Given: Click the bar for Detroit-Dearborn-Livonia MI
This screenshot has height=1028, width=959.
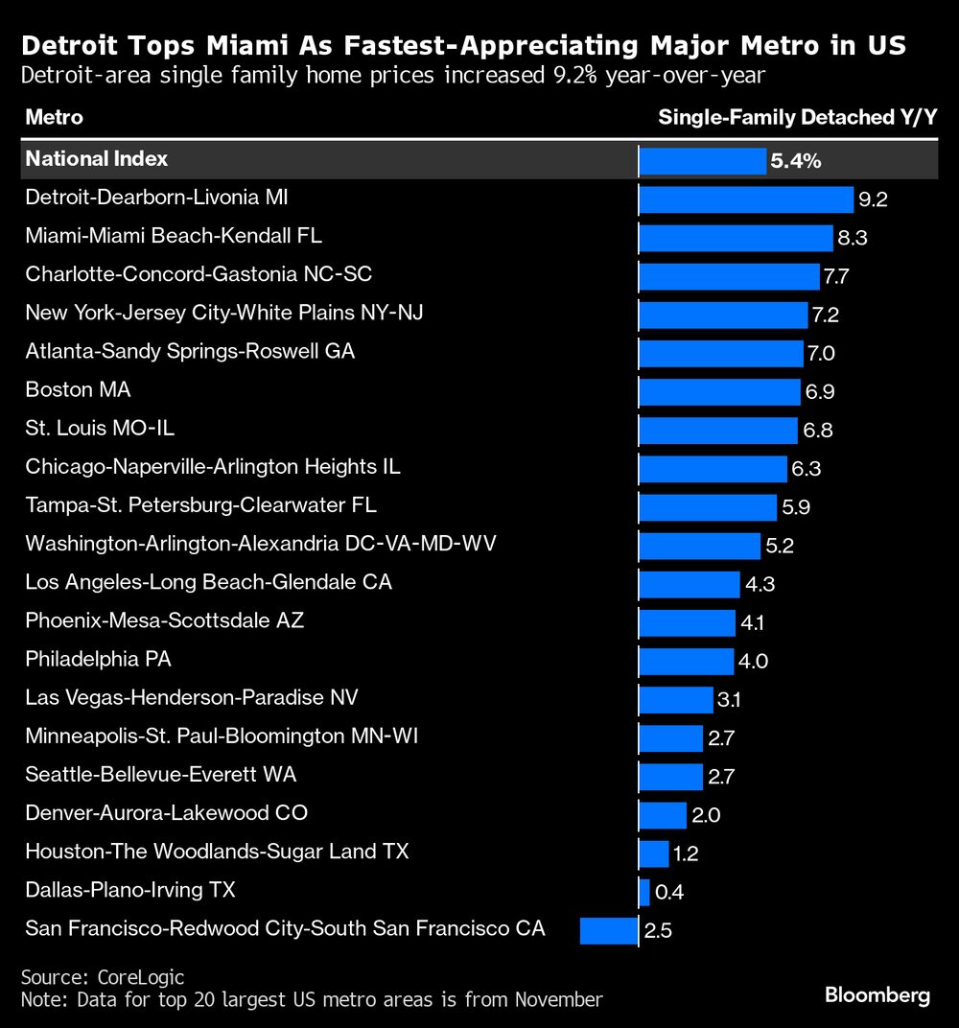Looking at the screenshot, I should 746,199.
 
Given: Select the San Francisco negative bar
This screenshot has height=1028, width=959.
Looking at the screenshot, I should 609,930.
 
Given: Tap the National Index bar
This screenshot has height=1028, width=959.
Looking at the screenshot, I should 702,161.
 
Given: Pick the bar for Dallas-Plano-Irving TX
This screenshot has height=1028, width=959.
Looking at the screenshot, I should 644,892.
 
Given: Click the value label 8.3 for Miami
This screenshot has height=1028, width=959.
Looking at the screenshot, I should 853,238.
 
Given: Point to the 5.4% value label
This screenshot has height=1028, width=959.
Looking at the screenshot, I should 795,161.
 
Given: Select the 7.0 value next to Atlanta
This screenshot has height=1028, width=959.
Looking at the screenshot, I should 821,353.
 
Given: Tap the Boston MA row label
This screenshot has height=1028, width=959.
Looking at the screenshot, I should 78,390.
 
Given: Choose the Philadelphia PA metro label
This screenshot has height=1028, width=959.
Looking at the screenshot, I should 98,660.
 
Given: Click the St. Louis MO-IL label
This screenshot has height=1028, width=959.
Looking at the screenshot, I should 100,429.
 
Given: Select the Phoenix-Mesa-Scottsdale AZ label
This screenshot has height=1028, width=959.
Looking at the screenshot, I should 164,620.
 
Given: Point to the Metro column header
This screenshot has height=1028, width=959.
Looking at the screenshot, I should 54,118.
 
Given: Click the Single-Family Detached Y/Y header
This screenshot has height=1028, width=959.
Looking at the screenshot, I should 797,118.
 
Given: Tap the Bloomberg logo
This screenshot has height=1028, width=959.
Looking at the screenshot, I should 877,996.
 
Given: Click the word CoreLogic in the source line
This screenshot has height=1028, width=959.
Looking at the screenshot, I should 141,977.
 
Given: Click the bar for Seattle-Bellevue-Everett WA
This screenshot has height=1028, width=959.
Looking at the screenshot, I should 670,777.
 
